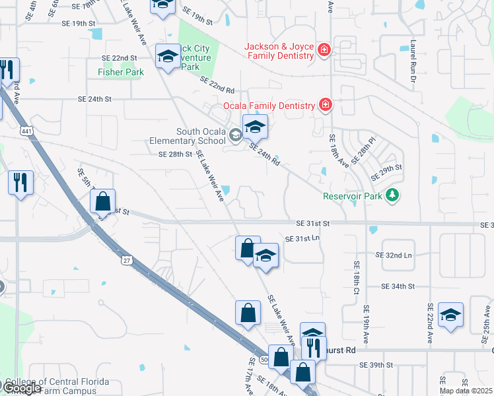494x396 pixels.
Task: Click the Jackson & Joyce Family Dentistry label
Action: point(279,51)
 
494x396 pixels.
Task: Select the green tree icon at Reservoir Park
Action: point(393,195)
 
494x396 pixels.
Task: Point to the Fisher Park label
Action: point(120,72)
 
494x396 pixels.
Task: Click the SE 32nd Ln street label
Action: point(394,255)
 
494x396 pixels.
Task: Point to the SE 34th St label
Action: point(398,286)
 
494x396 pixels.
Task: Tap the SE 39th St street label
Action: point(376,365)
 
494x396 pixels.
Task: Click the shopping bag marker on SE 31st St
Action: point(102,203)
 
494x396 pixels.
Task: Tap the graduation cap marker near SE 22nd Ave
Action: point(450,315)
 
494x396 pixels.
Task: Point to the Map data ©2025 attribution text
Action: point(466,391)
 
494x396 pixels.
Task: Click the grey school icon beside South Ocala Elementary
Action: point(234,136)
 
